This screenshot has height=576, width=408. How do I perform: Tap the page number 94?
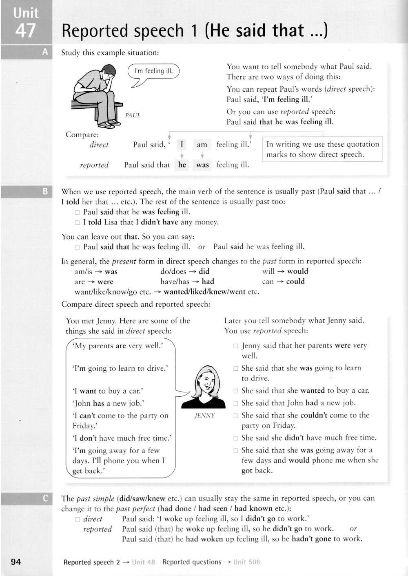click(x=16, y=562)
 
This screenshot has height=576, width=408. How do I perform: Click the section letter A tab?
click(x=45, y=52)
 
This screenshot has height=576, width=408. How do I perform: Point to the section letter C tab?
click(x=45, y=498)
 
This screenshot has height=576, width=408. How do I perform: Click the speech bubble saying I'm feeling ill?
click(x=153, y=71)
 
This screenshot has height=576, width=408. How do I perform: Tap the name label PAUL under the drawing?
click(x=133, y=116)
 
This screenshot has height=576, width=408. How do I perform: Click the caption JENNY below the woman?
click(x=205, y=416)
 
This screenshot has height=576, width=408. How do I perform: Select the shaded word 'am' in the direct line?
click(x=202, y=145)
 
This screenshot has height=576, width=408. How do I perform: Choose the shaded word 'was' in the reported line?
click(x=202, y=165)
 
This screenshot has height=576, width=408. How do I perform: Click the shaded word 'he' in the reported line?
click(x=182, y=165)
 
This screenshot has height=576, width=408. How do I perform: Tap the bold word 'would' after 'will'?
click(x=297, y=271)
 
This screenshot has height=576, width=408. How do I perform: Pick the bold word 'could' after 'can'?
click(x=295, y=281)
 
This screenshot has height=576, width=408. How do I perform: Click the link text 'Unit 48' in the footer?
click(x=144, y=562)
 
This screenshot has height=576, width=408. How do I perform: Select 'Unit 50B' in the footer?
click(x=246, y=562)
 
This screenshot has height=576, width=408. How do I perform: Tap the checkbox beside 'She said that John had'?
click(x=235, y=403)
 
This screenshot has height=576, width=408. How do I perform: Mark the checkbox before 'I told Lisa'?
click(x=78, y=222)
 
